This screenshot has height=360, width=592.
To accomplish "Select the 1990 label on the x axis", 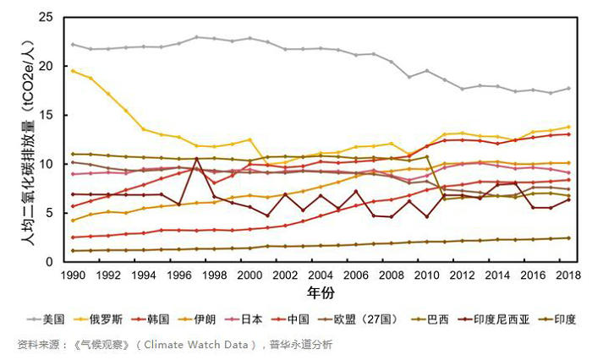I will click(73, 275).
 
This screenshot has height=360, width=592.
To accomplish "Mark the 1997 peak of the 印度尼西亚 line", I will click(196, 157).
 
